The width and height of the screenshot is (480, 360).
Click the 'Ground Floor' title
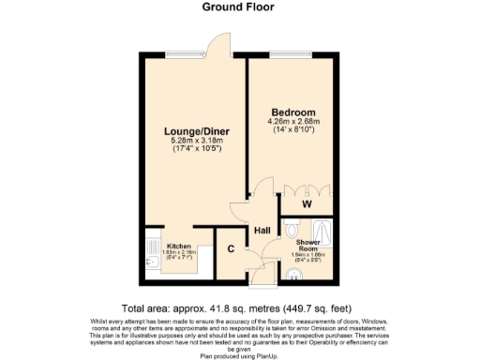click(x=239, y=7)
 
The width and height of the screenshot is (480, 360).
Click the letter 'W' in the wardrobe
click(x=307, y=203)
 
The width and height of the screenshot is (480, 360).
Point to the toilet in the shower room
click(x=292, y=229)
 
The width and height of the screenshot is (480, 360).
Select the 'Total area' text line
click(x=240, y=307)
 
